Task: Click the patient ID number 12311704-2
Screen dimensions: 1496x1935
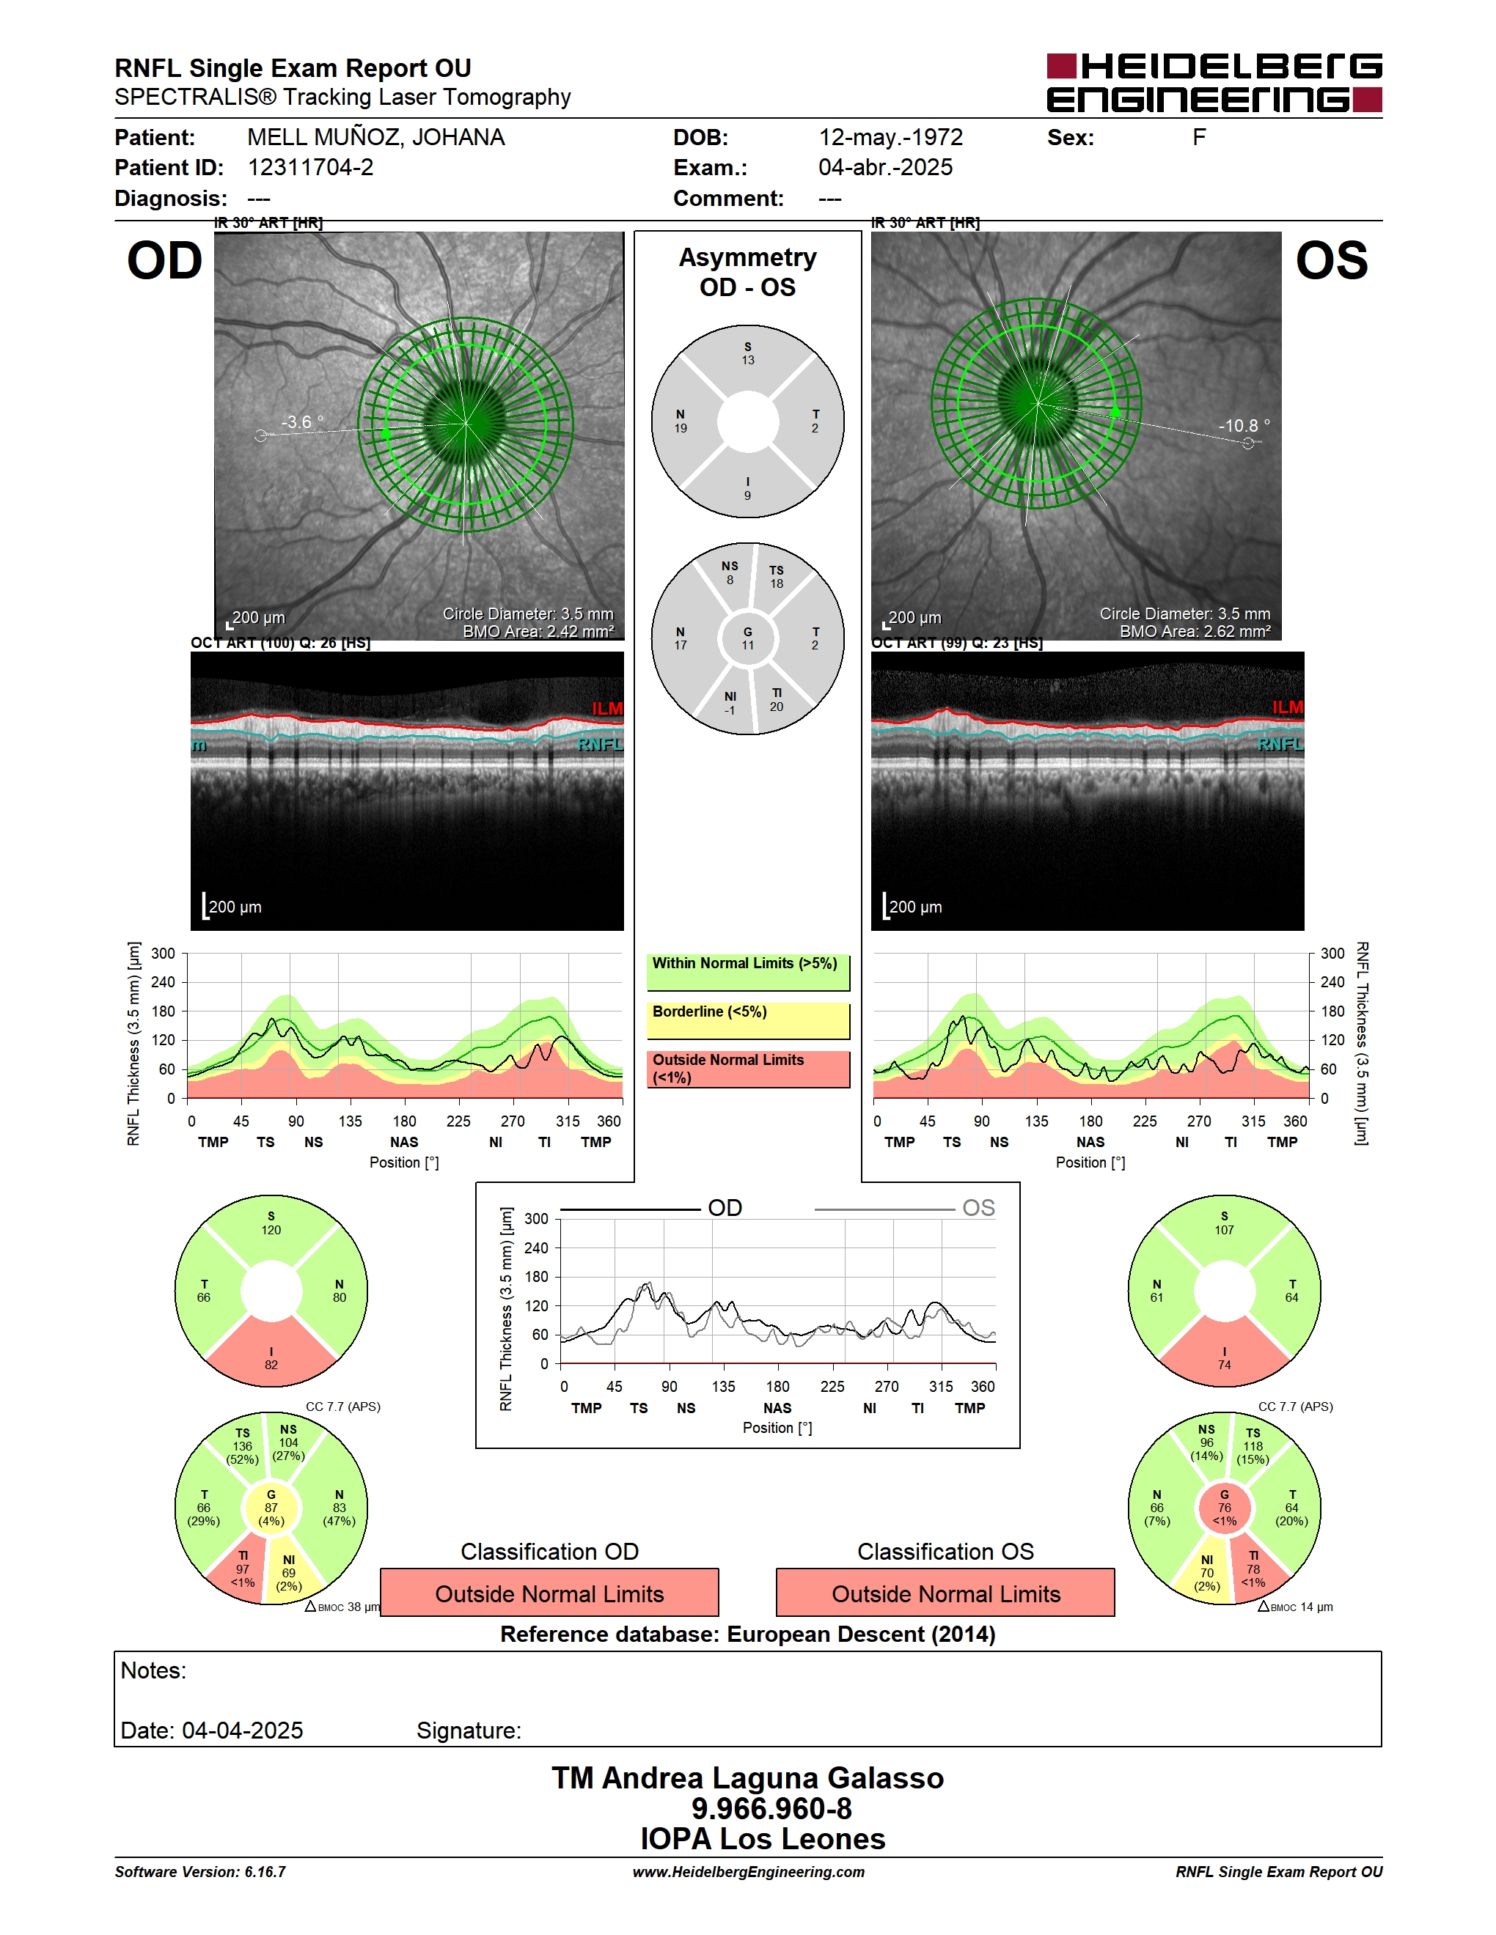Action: [x=310, y=167]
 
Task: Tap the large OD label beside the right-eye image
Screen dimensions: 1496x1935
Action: [x=165, y=262]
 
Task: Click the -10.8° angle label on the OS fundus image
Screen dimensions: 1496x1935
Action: [x=1244, y=425]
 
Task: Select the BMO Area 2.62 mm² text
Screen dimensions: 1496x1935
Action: [x=1194, y=631]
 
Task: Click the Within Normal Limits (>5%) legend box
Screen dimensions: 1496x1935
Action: [x=748, y=972]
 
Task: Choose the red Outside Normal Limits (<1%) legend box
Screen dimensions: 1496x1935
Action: [x=748, y=1069]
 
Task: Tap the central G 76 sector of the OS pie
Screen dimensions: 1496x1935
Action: [x=1224, y=1507]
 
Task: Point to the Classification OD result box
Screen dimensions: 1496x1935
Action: [x=549, y=1593]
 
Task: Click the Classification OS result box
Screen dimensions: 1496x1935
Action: [x=946, y=1593]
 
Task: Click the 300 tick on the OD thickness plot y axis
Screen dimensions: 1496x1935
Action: [x=163, y=954]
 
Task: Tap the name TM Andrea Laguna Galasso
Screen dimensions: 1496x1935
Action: [x=748, y=1778]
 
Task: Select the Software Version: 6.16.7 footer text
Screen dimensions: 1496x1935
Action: [x=200, y=1872]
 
